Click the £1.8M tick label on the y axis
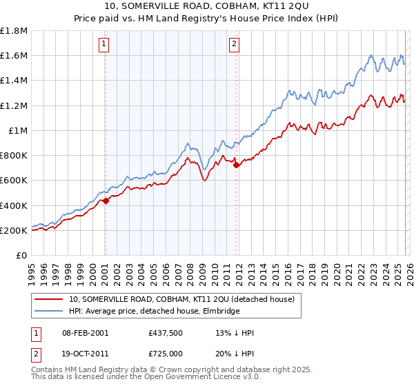coord(14,31)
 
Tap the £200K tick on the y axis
coord(14,230)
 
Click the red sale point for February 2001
coord(106,201)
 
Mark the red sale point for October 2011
coord(236,165)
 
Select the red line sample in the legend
coord(49,299)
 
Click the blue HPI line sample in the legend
coord(49,311)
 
